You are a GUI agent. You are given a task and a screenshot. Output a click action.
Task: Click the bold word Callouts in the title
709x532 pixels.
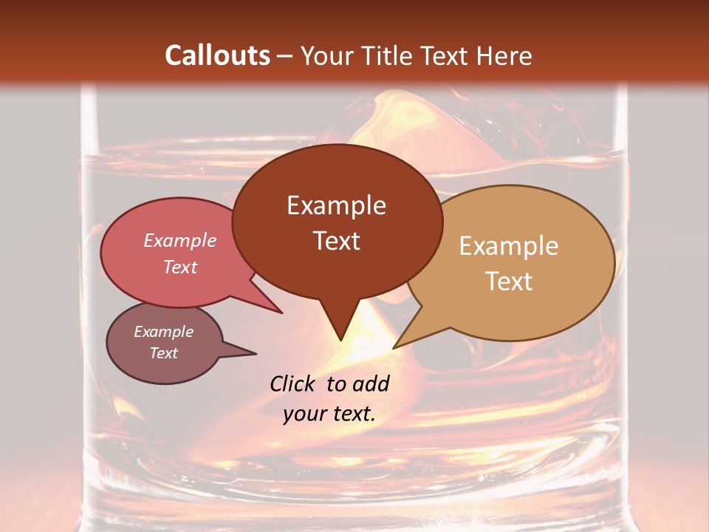tap(217, 55)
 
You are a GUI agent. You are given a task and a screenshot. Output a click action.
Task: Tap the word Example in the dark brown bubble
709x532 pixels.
tap(336, 205)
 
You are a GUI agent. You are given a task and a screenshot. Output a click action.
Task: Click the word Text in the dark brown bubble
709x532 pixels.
tap(336, 241)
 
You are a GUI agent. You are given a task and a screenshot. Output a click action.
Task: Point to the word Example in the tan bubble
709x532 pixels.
tap(509, 246)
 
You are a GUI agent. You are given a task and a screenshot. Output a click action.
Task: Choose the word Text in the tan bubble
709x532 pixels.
tap(509, 282)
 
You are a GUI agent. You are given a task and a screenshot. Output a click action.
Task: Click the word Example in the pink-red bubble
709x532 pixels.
tap(179, 240)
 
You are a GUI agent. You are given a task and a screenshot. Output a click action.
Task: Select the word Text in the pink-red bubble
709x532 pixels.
tap(179, 267)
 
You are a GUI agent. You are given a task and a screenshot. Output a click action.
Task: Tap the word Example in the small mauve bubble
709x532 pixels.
tap(163, 332)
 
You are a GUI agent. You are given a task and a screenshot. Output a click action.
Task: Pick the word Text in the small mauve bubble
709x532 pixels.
tap(163, 353)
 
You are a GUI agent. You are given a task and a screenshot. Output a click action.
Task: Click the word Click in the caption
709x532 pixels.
tap(293, 383)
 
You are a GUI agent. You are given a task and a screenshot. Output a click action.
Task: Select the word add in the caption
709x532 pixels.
tap(371, 383)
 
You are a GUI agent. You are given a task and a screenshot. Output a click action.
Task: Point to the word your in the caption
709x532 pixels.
tap(304, 415)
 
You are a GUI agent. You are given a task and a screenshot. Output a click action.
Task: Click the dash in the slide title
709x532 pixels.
tap(286, 57)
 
